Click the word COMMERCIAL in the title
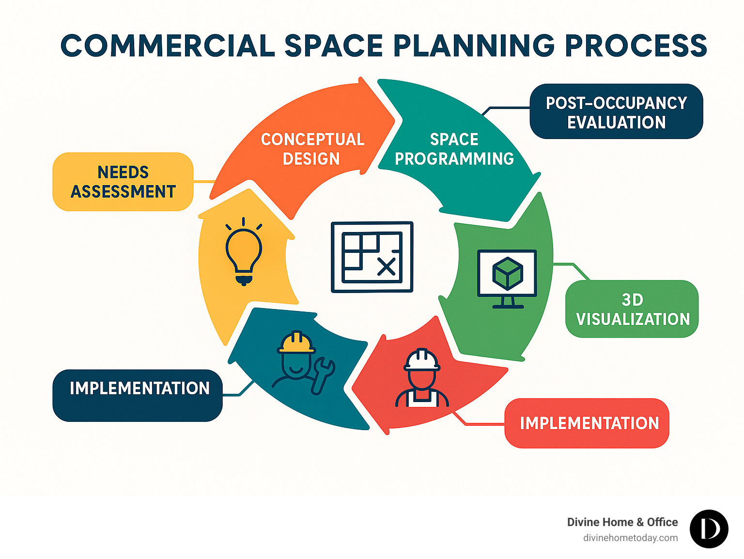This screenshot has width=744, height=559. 168,46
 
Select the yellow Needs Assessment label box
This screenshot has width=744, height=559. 123,182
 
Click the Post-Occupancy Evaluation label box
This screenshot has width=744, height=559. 616,112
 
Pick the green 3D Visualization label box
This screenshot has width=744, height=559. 632,309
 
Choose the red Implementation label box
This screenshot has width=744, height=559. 587,423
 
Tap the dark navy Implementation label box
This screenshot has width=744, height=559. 138,395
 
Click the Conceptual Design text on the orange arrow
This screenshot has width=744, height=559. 312,149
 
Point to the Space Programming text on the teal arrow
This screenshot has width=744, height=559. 454,149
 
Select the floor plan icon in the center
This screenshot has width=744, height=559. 372,257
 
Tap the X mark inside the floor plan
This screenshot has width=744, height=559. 386,266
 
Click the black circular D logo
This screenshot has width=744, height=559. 709,529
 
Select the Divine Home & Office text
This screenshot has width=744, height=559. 622,522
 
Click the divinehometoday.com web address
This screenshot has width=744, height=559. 630,538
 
